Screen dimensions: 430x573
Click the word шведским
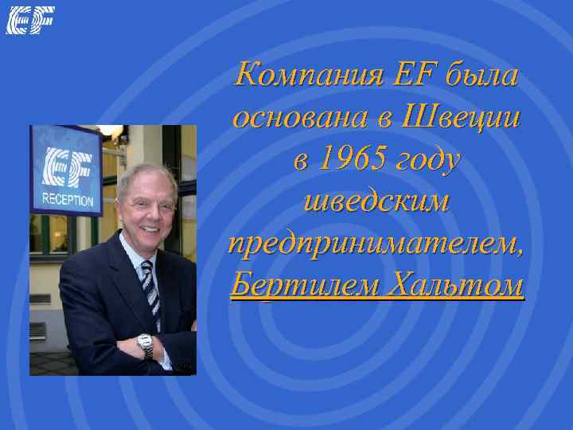click(x=376, y=201)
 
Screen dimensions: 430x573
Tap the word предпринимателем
click(x=376, y=244)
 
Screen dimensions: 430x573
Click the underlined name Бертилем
click(x=298, y=284)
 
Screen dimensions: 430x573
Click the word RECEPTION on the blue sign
click(x=67, y=200)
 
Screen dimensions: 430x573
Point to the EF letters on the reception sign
click(x=68, y=169)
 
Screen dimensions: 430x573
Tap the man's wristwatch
click(x=145, y=344)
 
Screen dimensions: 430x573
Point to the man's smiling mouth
click(x=151, y=230)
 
